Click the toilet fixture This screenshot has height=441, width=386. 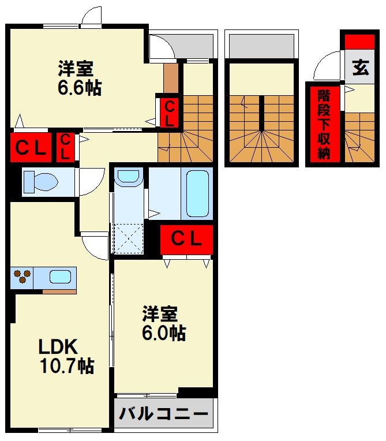point(41,182)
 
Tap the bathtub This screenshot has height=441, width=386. point(197,193)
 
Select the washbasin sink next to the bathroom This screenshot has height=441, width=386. point(129,177)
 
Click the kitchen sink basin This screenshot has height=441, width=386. point(60,276)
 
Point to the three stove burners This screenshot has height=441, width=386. point(22,276)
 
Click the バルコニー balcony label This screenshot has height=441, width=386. point(164,413)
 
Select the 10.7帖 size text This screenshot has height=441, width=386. point(66,365)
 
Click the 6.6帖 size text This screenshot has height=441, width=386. point(79,88)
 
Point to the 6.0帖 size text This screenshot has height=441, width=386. point(164,332)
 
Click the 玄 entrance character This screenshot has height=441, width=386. point(361,68)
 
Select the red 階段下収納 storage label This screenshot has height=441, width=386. point(324,124)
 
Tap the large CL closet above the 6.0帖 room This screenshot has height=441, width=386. point(186,240)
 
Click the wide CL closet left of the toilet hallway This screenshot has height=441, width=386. point(31,147)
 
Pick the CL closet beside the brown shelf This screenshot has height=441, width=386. point(169,113)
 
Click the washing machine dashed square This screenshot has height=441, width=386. point(128,238)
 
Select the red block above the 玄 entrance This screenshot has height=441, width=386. point(359,42)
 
